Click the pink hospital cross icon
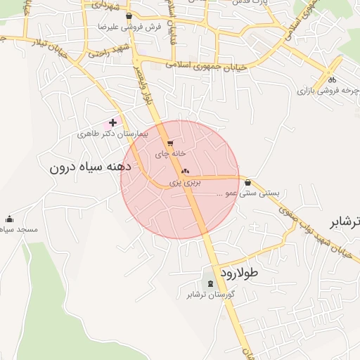112,122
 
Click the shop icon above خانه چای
170,143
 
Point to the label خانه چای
170,153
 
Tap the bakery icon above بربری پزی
186,171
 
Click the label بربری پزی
185,181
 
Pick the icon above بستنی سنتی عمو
248,182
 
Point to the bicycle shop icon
330,79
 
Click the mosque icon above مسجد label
9,219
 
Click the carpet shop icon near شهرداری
128,15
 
